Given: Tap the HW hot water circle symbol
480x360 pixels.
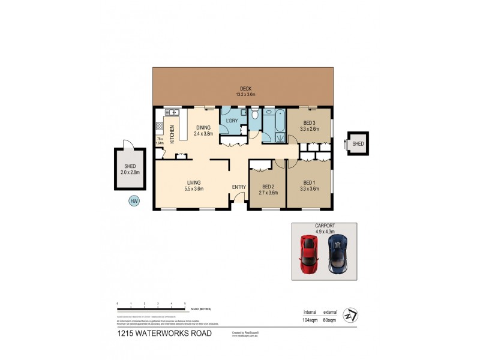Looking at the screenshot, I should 133,202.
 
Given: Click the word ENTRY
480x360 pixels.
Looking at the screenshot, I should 239,187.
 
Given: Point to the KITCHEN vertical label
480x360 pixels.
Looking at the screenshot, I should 172,133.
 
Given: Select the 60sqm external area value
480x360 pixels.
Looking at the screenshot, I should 330,320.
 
